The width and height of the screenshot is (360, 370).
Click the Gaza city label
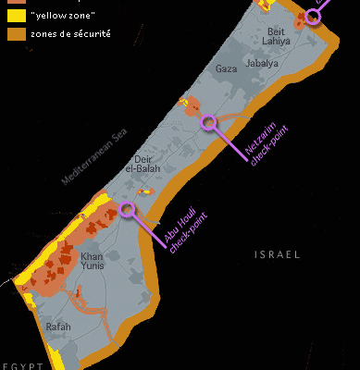click(x=227, y=69)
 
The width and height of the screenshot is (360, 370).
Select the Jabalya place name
click(x=262, y=63)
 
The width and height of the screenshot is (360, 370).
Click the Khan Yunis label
click(x=93, y=261)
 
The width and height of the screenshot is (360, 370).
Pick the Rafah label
click(x=58, y=327)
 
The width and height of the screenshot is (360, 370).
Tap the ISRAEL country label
click(x=278, y=253)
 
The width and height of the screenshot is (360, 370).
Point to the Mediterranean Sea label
click(x=93, y=158)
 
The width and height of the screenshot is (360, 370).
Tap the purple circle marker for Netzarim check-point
click(x=210, y=121)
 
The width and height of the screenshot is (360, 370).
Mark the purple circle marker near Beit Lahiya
click(x=313, y=16)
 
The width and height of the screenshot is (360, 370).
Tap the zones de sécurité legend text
click(x=70, y=33)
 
